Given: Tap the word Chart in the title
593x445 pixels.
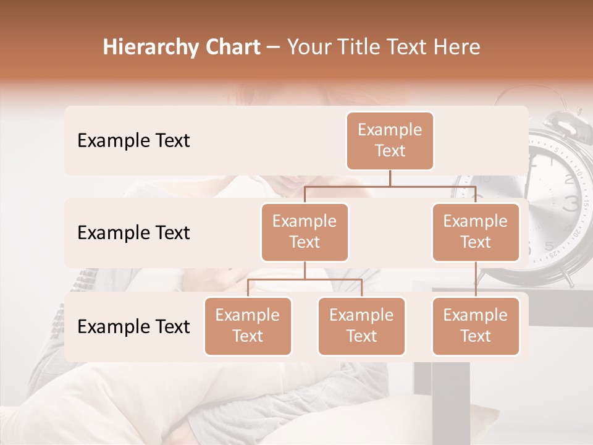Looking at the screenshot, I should coord(231,47).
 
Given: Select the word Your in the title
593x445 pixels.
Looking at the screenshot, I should coord(308,47).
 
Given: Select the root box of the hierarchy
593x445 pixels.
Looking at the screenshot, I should coord(390,141).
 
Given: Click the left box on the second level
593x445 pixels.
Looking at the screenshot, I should coord(305,232).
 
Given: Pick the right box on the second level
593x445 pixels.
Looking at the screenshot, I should coord(476,232).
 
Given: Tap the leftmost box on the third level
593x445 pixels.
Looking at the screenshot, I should coord(248,326).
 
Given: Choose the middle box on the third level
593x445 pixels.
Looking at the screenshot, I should coord(361,326).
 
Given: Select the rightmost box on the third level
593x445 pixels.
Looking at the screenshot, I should coord(476,326).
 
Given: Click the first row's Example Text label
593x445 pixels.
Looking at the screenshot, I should coord(133,141).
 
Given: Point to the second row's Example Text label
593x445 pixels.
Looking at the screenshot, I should coord(133,233).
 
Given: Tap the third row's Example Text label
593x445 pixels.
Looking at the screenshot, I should coord(133,327).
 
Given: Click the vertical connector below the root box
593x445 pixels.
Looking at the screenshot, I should coord(390,178).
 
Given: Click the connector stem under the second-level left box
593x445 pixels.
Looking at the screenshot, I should coord(305,270).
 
